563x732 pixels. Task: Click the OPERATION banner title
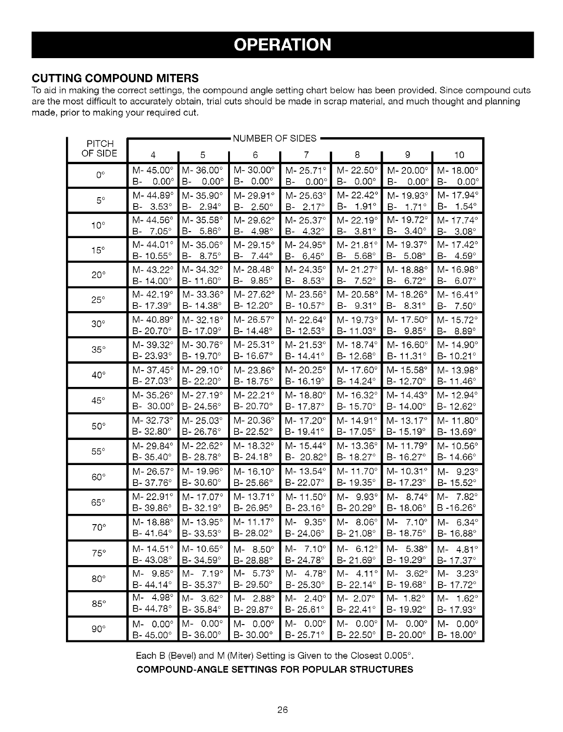point(282,45)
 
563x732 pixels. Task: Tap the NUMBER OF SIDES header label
point(274,138)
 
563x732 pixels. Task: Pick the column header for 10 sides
point(458,155)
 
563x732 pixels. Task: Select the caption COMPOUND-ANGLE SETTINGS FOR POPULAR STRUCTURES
point(274,670)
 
